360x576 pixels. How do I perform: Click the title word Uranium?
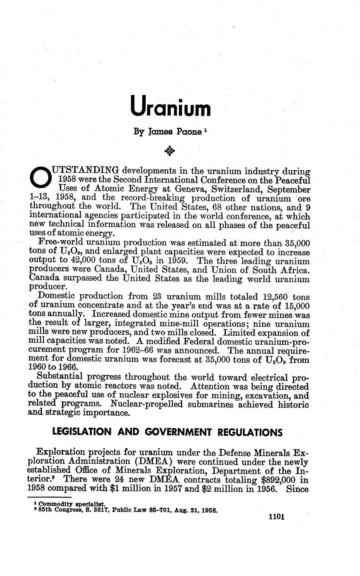pos(170,107)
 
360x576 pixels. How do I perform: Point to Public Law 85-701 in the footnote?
pos(139,510)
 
